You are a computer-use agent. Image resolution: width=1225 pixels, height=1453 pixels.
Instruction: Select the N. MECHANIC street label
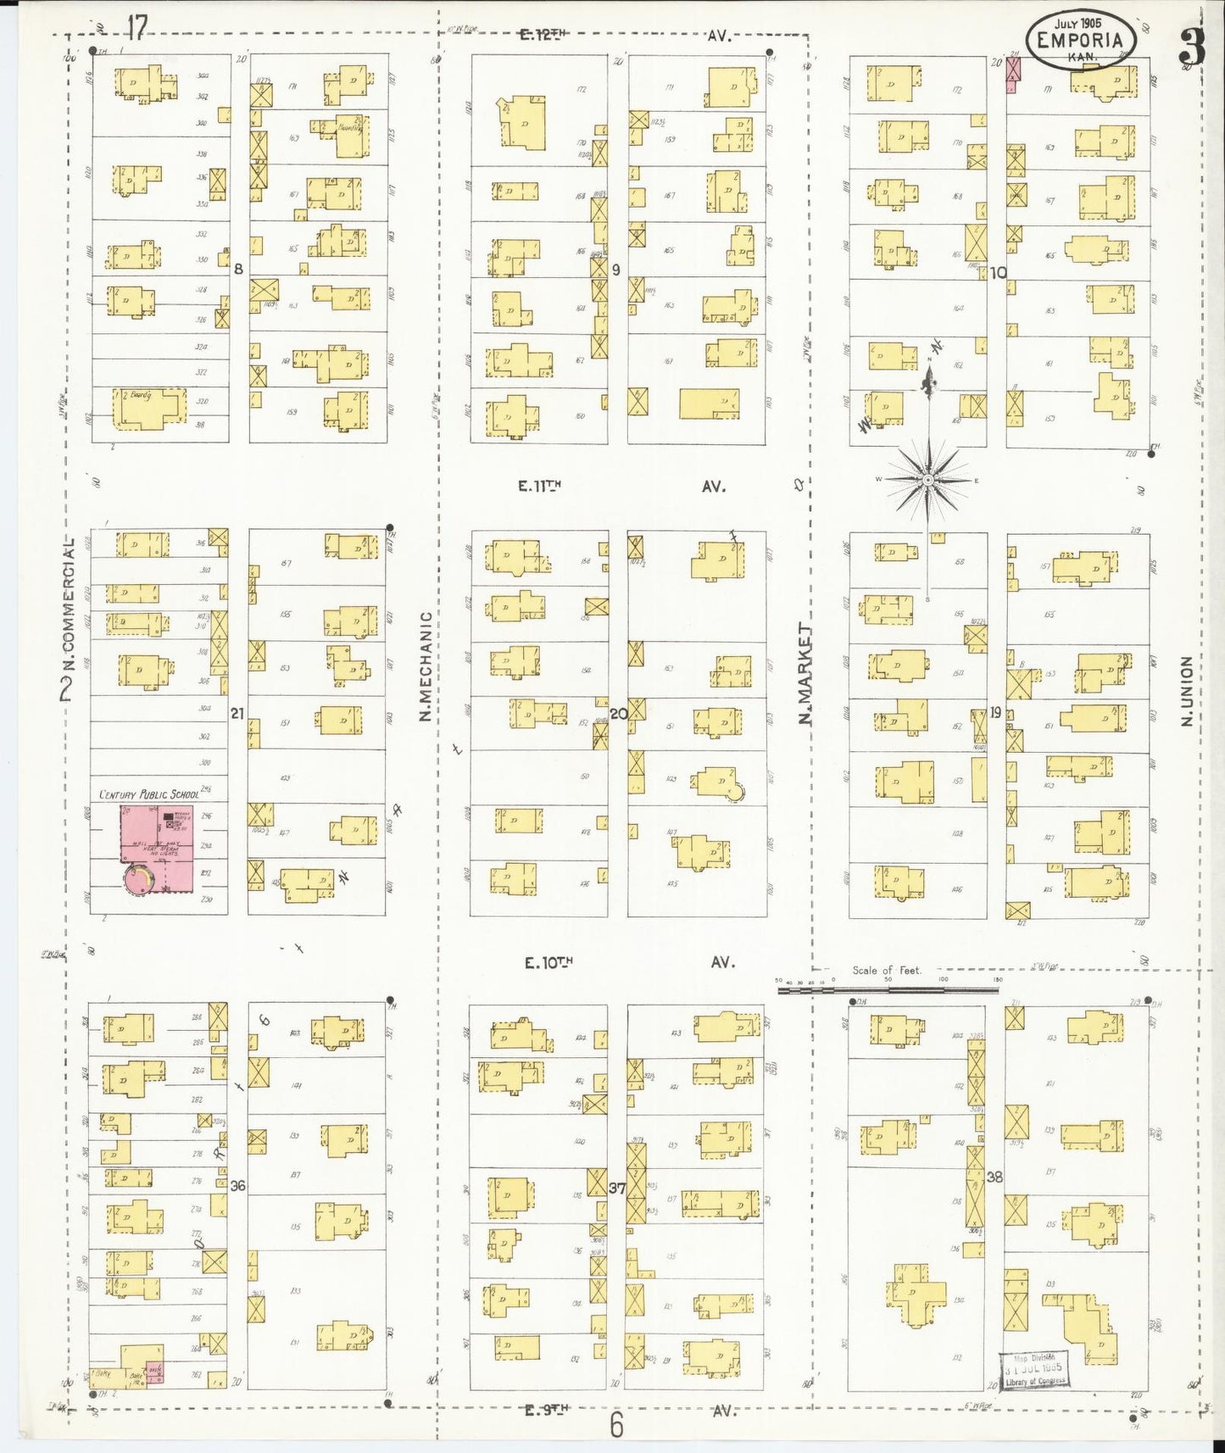tap(426, 666)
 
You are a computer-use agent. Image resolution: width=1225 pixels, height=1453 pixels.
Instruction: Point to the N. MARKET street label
tap(805, 674)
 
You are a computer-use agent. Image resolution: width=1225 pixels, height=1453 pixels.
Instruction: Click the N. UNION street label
tap(1186, 690)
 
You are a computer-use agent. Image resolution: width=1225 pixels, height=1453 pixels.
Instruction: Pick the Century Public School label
tap(149, 794)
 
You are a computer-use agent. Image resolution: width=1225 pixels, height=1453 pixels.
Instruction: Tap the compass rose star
tap(928, 481)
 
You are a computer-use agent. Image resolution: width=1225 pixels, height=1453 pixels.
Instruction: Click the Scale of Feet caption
tap(886, 970)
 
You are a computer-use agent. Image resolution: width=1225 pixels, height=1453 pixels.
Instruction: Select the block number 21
tap(237, 714)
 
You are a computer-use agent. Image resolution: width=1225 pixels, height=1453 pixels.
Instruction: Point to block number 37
tap(617, 1188)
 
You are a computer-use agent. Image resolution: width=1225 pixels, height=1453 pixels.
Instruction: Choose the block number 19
tap(996, 712)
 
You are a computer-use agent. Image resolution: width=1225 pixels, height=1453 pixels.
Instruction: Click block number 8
tap(238, 269)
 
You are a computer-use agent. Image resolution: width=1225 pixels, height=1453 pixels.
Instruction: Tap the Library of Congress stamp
tap(1033, 1370)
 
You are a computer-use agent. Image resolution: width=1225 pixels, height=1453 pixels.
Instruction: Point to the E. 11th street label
tap(540, 486)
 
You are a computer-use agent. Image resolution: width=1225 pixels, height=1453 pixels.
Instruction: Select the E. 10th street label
tap(548, 962)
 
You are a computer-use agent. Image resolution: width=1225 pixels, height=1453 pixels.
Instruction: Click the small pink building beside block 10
tap(1012, 74)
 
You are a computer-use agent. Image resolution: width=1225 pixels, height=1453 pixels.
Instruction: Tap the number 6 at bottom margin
tap(616, 1425)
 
